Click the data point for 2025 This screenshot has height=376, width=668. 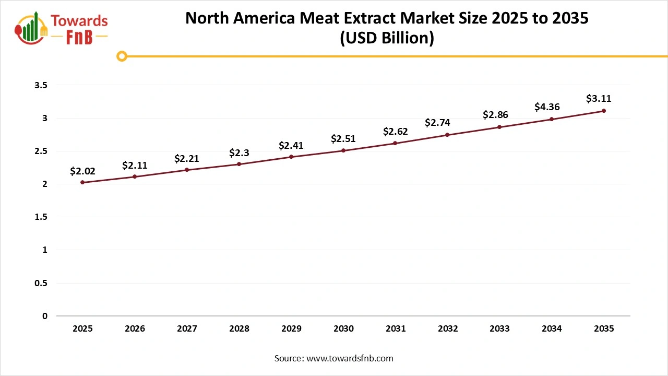[82, 182]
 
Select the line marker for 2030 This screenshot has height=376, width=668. [343, 150]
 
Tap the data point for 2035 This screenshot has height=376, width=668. [604, 111]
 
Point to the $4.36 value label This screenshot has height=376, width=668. [547, 107]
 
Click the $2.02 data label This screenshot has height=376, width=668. [82, 171]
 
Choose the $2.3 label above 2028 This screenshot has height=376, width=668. [239, 152]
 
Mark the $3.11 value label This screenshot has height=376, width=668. [599, 98]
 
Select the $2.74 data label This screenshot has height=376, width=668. [437, 123]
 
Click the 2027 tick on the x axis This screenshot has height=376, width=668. [187, 329]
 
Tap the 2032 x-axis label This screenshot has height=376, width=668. [448, 329]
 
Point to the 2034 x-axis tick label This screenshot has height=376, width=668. [552, 329]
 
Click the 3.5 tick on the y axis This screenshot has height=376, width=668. [41, 85]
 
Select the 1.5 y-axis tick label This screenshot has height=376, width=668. [41, 217]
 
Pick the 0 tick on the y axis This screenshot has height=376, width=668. [44, 316]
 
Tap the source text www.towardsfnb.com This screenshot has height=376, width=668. [349, 358]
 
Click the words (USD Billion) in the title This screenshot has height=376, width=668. [387, 39]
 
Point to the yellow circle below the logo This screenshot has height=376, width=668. [122, 56]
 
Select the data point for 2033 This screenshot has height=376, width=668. [499, 127]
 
